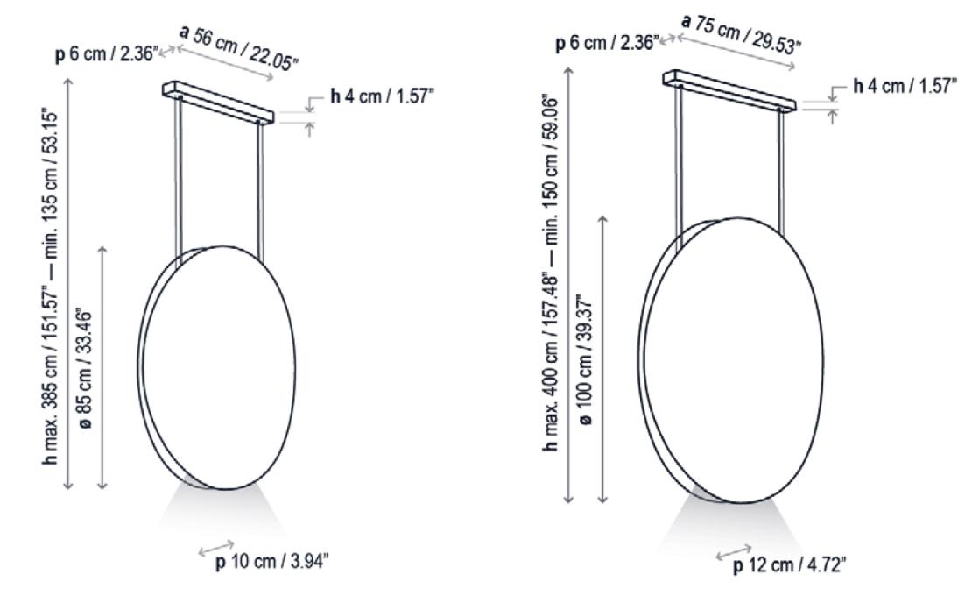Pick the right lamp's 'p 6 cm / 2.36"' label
(607, 43)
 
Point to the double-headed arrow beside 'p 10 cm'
(217, 547)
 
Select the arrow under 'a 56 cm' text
(227, 64)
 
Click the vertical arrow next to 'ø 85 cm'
(103, 367)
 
